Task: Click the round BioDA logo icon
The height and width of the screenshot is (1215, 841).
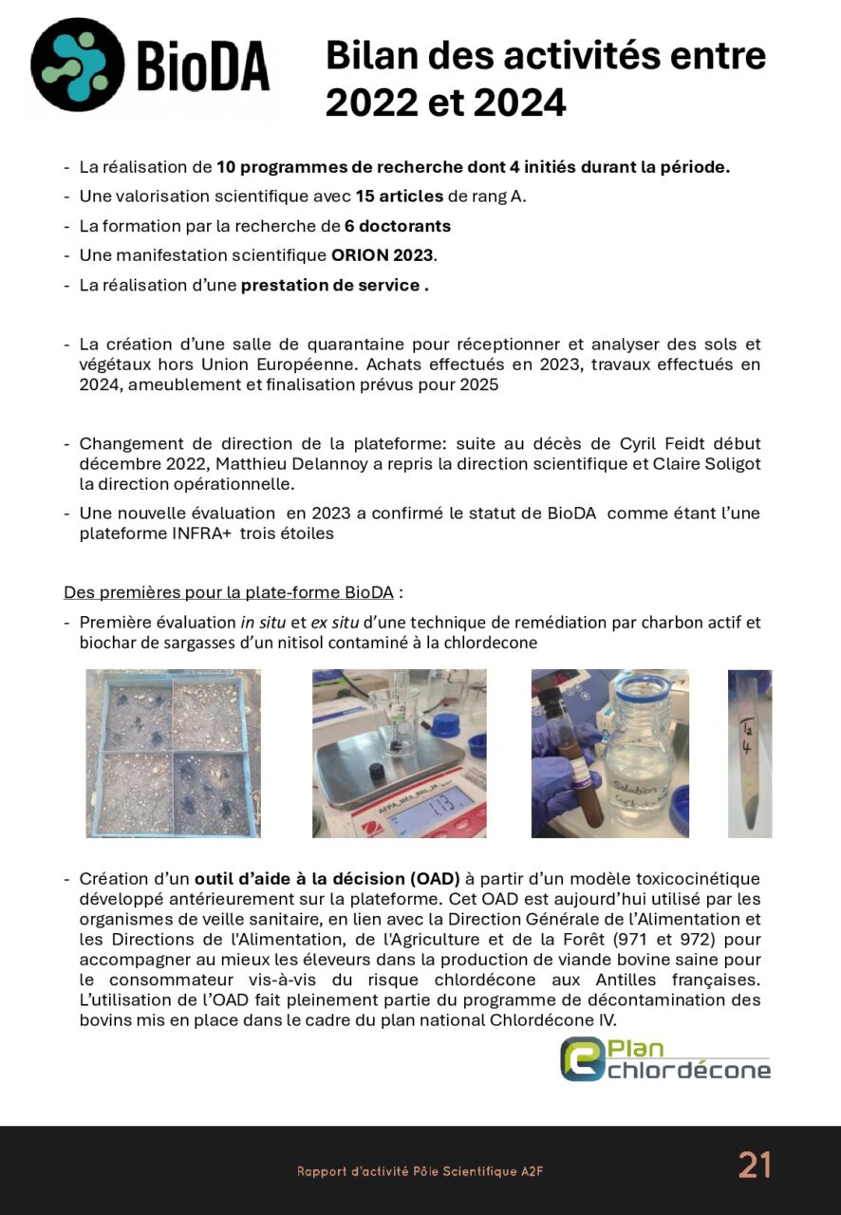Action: [77, 65]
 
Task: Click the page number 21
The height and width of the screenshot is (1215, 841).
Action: [755, 1165]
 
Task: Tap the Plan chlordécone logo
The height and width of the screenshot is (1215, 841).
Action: [664, 1059]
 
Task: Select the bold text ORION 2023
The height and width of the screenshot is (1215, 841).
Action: [382, 255]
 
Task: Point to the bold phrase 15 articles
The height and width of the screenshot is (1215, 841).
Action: [399, 196]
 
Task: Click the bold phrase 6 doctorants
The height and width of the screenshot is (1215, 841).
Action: [397, 226]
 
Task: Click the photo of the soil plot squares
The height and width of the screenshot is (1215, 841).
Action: [173, 754]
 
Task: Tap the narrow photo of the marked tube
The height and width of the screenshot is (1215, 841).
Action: [750, 754]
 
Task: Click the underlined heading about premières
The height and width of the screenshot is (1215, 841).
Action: [228, 593]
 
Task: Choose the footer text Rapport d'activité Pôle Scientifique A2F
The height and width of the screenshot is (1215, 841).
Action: [420, 1172]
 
